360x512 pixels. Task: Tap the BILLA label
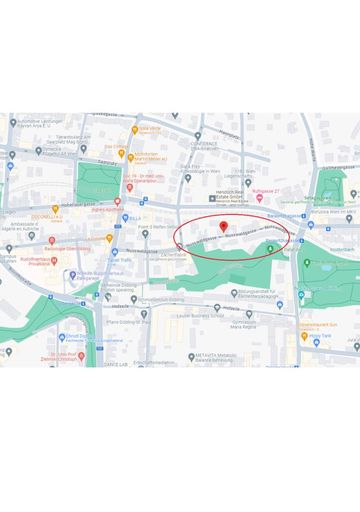pos(135,217)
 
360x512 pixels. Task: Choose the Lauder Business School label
pos(207,313)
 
